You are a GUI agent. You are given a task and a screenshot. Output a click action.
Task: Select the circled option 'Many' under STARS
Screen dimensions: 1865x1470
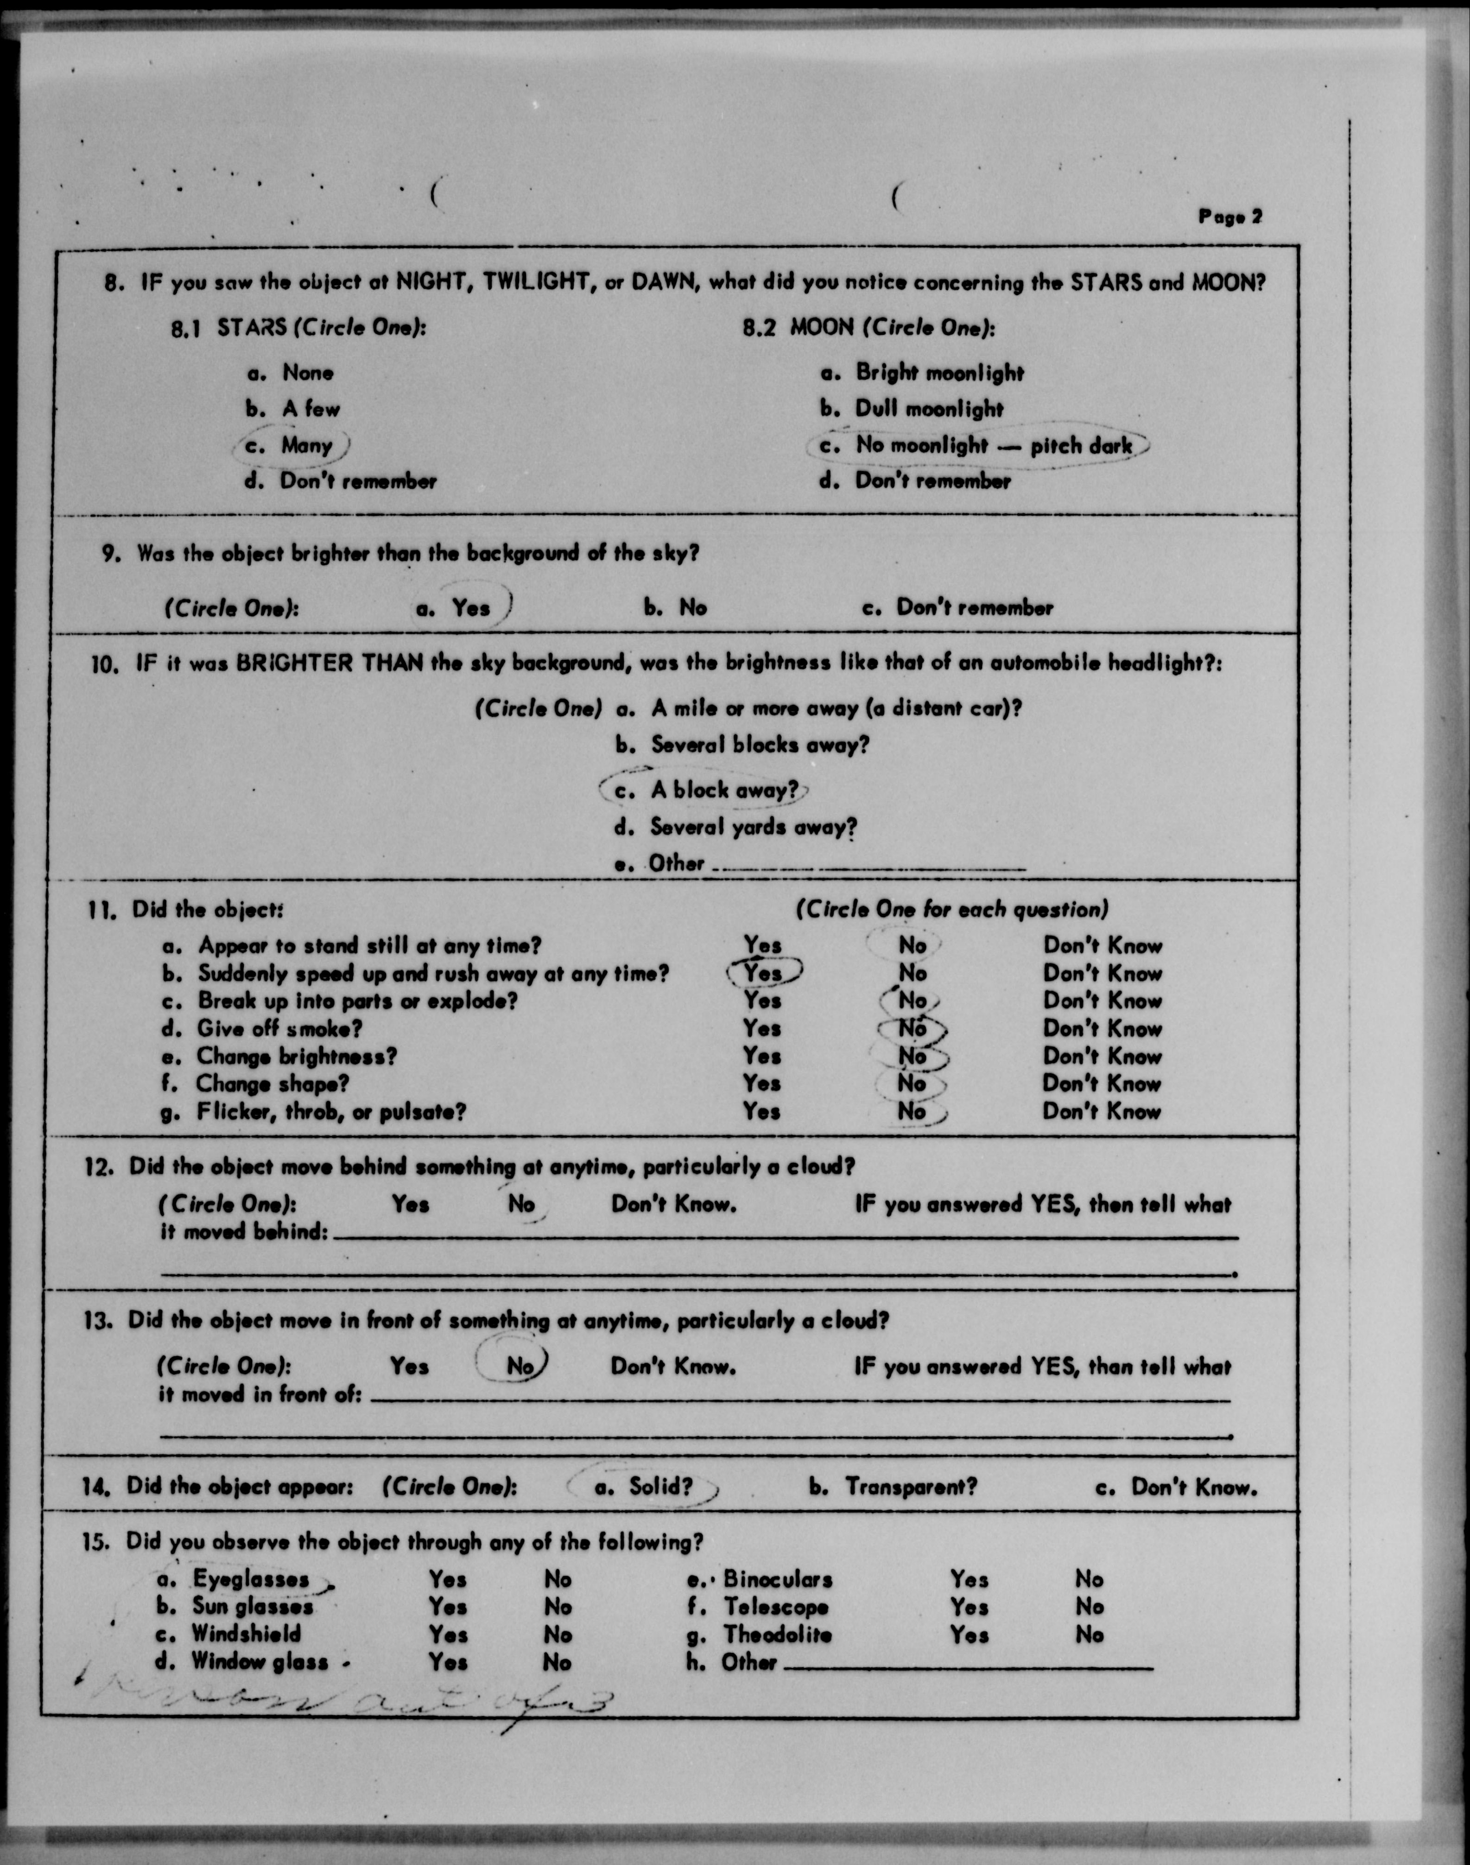(306, 445)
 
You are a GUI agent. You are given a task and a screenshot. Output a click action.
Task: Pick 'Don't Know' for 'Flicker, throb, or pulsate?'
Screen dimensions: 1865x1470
(1102, 1111)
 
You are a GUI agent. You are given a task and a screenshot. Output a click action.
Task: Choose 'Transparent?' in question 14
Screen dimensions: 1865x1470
(911, 1487)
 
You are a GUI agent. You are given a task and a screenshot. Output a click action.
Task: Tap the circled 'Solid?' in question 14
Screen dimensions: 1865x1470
(660, 1487)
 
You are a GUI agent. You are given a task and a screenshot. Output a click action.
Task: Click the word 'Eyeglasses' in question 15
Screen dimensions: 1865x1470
(250, 1579)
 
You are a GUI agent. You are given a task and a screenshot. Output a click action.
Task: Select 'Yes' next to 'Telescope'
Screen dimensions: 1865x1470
(969, 1607)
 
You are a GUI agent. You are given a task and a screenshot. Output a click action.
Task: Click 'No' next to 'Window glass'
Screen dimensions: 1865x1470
(558, 1662)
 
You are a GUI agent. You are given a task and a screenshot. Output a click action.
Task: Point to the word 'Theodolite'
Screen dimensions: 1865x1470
(777, 1634)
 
